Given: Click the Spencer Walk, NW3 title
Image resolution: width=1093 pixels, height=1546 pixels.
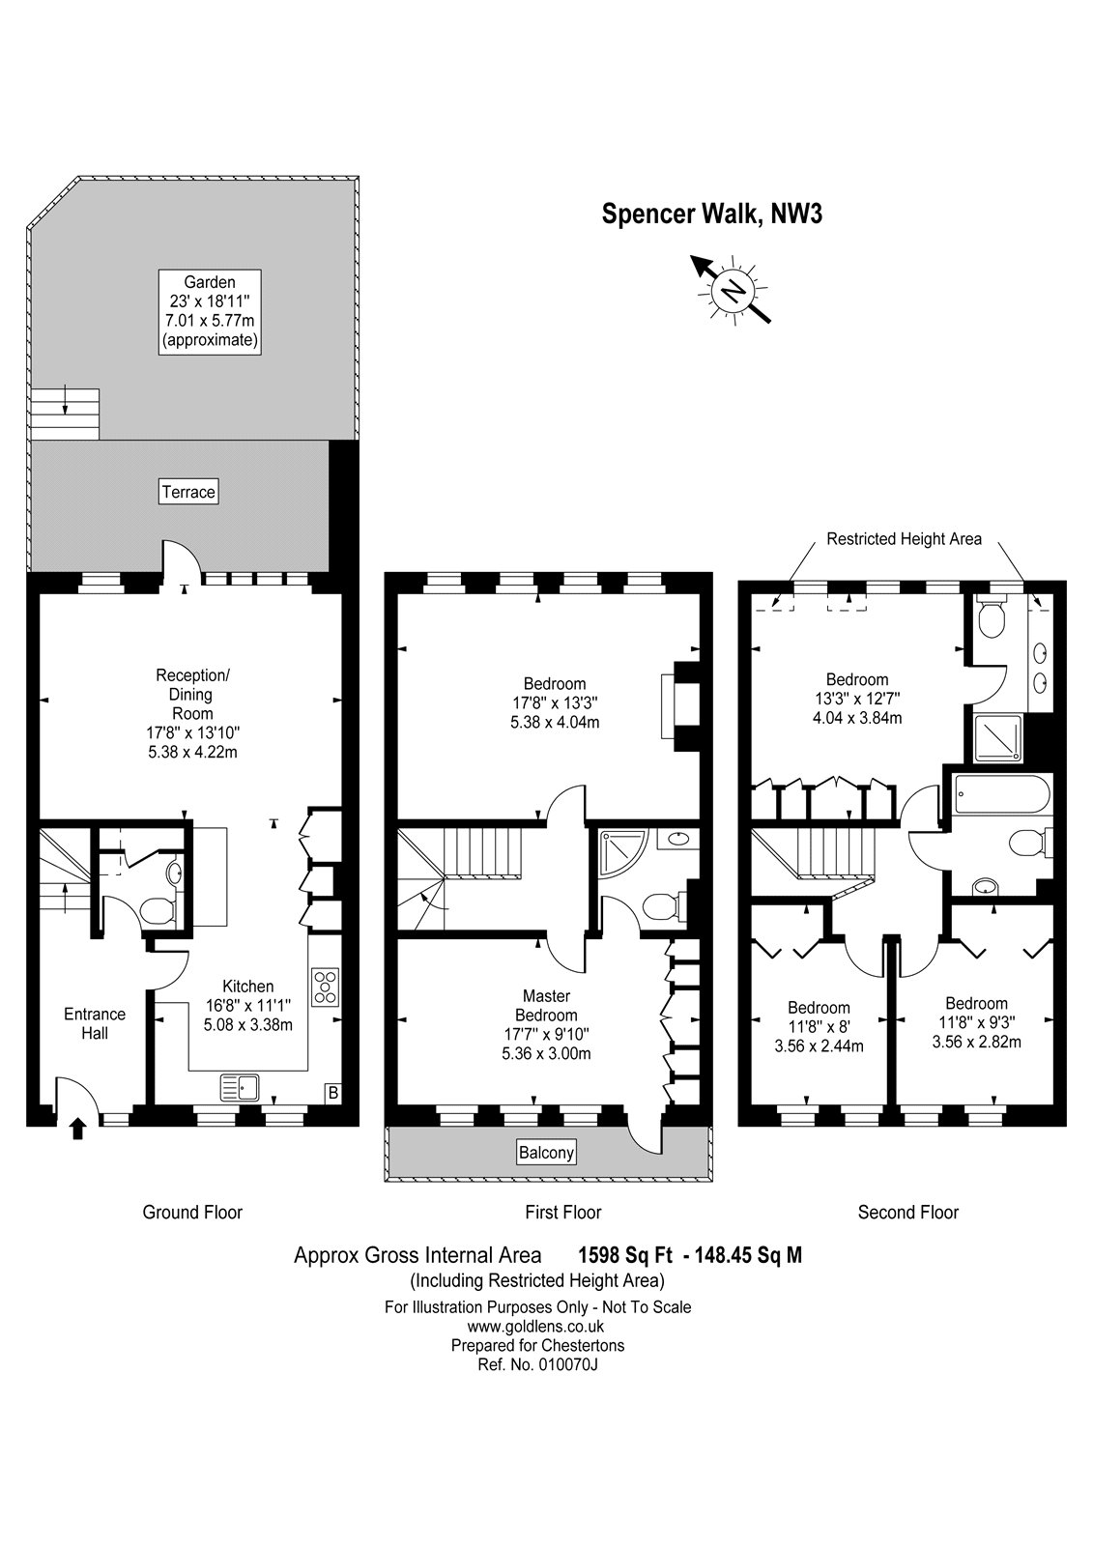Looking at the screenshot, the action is tap(712, 214).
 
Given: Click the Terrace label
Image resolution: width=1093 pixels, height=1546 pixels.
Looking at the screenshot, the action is tap(188, 492).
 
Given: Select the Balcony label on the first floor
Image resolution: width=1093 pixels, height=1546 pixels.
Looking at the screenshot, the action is tap(546, 1152).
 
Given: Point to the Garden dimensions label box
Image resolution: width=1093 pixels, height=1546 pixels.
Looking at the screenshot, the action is tap(210, 312).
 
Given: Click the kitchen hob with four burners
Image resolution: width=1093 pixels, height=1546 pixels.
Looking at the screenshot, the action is tap(325, 988).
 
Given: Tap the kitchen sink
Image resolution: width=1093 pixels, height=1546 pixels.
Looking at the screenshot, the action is tap(239, 1087).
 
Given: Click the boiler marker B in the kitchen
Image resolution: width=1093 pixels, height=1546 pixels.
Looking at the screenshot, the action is tap(333, 1093).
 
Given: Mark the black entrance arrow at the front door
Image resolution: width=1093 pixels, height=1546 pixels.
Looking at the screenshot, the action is tap(77, 1128).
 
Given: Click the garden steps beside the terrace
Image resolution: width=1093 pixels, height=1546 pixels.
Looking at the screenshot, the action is tap(65, 415).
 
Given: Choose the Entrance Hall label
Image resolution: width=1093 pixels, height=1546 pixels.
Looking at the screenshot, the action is tap(95, 1023).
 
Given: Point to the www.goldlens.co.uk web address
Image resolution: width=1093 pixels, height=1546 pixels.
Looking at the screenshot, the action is tap(535, 1326).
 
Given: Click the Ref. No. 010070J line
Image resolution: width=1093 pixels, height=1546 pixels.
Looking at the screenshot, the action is tap(537, 1364).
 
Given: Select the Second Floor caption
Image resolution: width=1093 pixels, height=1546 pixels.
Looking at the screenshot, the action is tap(908, 1212).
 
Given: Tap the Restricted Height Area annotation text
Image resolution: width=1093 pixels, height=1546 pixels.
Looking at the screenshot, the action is tap(904, 538).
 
